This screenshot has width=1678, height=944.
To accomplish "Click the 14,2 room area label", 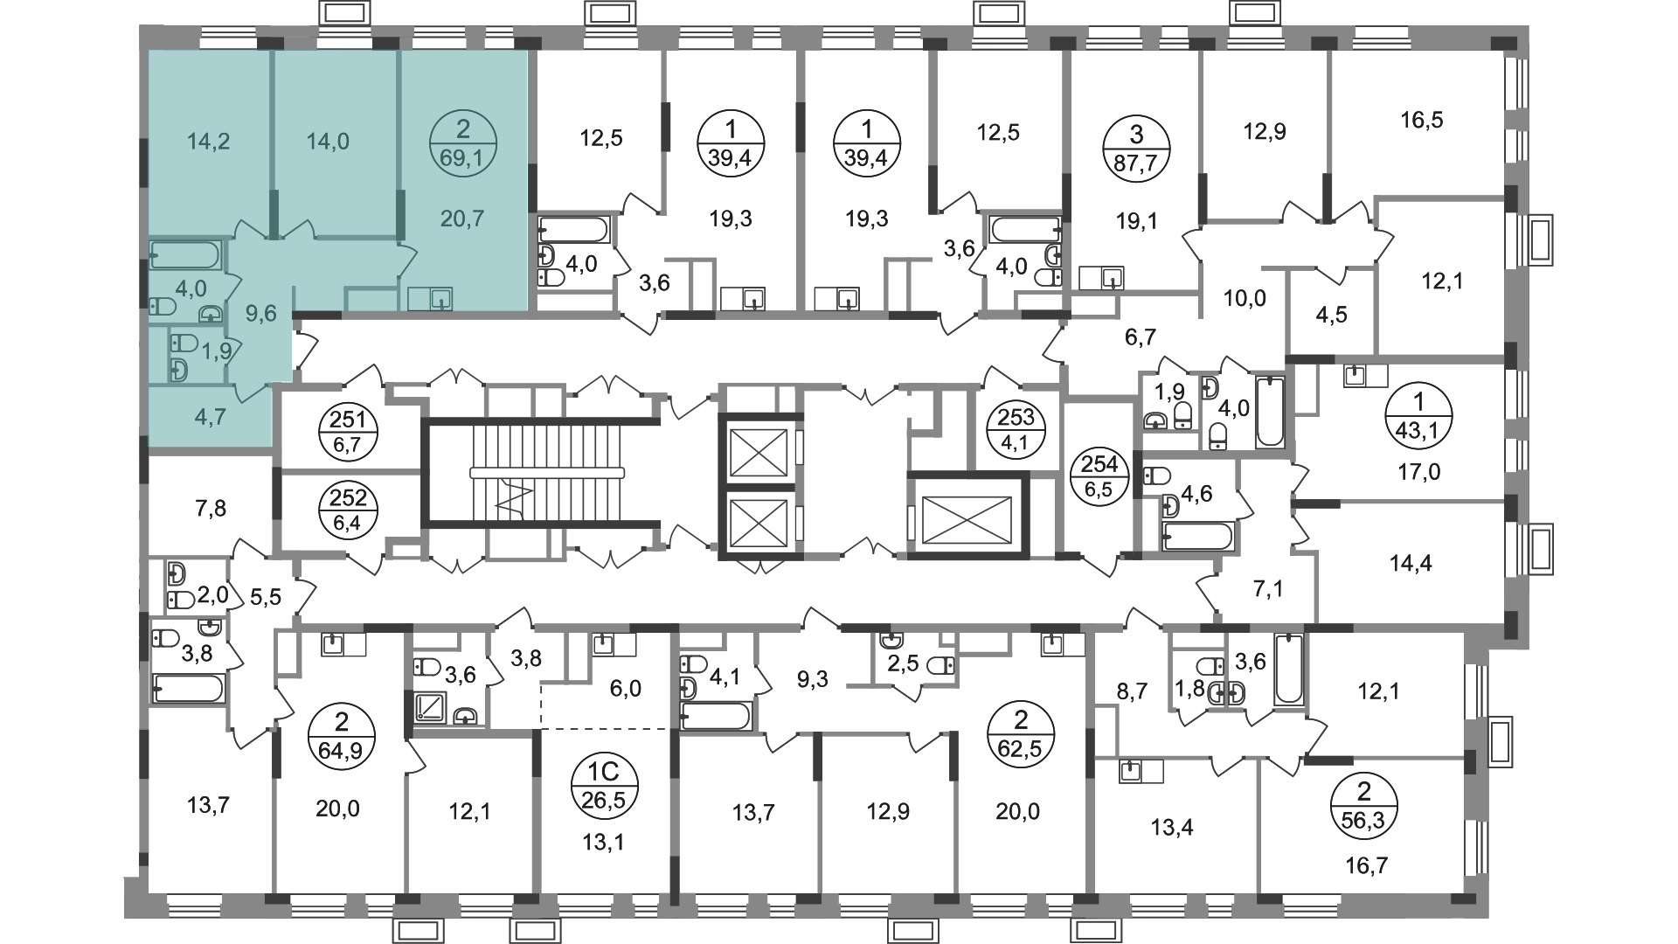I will (208, 142).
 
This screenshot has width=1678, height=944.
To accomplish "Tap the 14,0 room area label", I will (328, 142).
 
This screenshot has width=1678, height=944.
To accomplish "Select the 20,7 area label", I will (462, 219).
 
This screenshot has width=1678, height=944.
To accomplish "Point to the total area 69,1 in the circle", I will (462, 158).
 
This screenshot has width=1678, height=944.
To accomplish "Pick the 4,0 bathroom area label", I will (191, 288).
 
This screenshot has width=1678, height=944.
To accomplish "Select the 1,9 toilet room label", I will (216, 351).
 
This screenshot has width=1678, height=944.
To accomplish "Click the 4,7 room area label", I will (210, 417).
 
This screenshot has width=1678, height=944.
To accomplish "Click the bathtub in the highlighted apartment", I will (185, 255).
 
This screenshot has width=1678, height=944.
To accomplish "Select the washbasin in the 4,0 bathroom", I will (211, 313).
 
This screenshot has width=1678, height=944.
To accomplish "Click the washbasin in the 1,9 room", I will (178, 371).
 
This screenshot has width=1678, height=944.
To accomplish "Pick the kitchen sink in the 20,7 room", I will (440, 300).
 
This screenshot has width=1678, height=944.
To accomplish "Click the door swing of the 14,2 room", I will (249, 229).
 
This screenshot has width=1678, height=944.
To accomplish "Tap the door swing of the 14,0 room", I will (298, 229).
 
